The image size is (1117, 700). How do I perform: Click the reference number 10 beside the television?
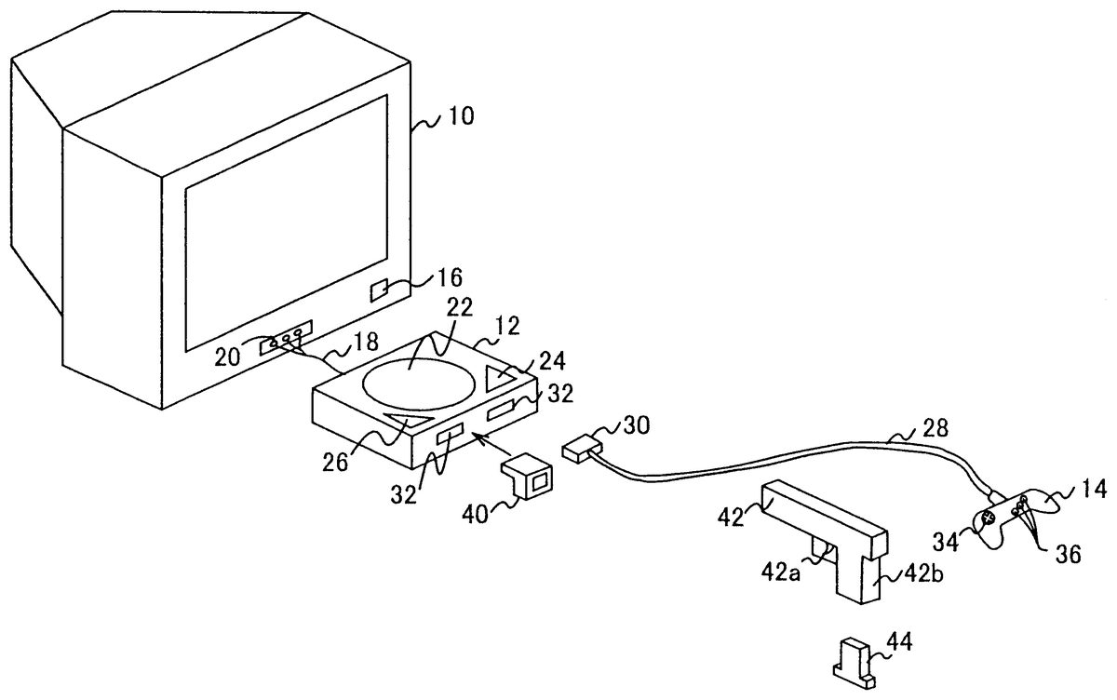(462, 116)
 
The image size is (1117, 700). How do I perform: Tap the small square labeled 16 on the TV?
(380, 290)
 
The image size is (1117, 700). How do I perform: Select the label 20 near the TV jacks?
(227, 357)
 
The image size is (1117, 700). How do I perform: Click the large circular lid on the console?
(418, 384)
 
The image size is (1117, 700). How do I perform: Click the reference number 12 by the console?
(506, 326)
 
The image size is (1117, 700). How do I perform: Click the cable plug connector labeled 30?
(582, 449)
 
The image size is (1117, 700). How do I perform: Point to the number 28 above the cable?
(935, 428)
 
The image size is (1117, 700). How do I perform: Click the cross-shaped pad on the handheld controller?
(988, 519)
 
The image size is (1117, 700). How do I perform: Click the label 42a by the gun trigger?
(780, 573)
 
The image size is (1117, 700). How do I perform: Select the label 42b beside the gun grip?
(923, 574)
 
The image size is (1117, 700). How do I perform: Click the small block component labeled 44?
(855, 664)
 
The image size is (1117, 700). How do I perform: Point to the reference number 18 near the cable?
(365, 342)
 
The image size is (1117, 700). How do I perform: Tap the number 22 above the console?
(459, 307)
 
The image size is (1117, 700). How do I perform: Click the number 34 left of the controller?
(946, 543)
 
